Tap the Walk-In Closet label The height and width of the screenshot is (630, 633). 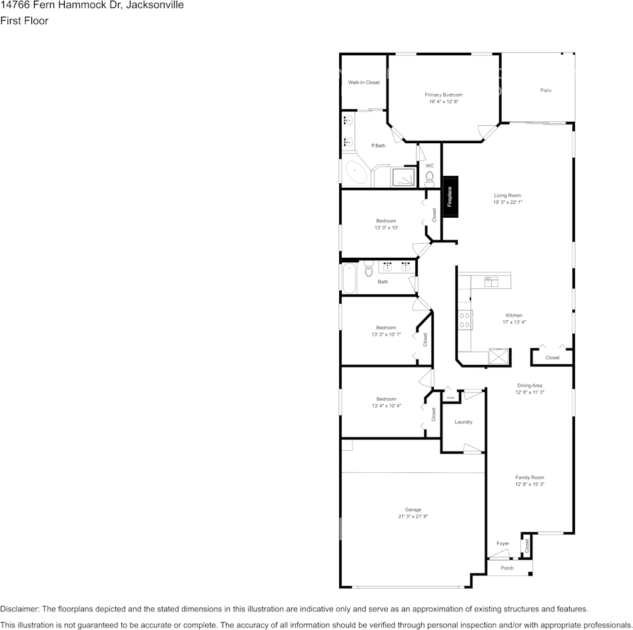click(364, 83)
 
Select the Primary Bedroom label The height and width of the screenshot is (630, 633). click(444, 95)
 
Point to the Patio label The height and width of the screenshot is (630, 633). click(545, 90)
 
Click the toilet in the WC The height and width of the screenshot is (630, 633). click(429, 177)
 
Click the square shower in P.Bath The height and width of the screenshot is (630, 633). click(402, 177)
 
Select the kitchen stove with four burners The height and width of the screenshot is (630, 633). click(464, 320)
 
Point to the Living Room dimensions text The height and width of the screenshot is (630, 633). click(507, 202)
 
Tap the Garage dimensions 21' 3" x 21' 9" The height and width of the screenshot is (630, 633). click(412, 517)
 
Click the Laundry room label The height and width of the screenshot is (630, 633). click(463, 422)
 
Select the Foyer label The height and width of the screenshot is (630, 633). click(502, 543)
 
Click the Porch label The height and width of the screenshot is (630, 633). click(507, 568)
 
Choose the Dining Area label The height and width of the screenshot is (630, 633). click(530, 386)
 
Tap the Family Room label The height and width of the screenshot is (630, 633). click(530, 477)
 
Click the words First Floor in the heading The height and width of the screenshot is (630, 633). click(24, 21)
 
